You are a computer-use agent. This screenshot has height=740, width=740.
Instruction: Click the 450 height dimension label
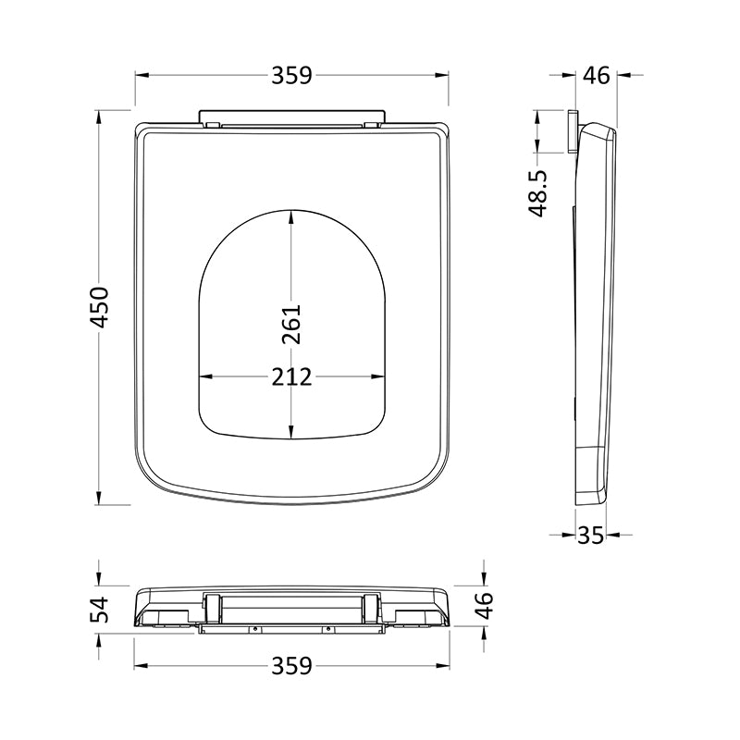[x=100, y=307]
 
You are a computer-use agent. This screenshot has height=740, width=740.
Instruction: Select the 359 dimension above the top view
[x=291, y=76]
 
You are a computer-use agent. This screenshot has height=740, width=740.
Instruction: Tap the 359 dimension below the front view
[x=291, y=666]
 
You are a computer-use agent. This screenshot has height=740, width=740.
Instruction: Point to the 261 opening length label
[x=290, y=325]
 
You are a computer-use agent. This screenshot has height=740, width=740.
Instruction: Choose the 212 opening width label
[x=291, y=377]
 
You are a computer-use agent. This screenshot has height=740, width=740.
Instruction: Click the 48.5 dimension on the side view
[x=537, y=193]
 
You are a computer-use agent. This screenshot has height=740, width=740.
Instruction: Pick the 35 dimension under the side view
[x=590, y=536]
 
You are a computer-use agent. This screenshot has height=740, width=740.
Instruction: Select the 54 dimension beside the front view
[x=100, y=610]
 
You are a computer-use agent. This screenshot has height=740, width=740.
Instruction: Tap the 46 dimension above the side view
[x=596, y=76]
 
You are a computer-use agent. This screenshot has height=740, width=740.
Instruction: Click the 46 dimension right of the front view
[x=484, y=606]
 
